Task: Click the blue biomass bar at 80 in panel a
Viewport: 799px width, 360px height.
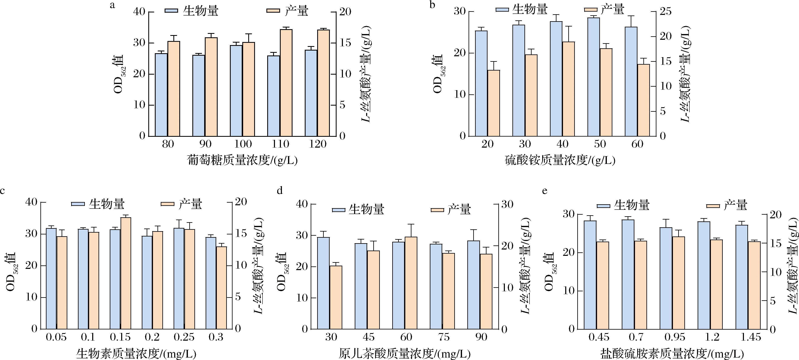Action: [161, 95]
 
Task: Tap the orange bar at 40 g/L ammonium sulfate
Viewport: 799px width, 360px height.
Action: [568, 89]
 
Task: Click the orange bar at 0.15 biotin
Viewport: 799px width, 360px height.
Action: [126, 273]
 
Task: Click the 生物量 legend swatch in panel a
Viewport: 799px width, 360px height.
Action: [171, 11]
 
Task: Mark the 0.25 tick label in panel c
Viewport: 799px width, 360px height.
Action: [184, 337]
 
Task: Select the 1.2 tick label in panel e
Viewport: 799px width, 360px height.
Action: [713, 337]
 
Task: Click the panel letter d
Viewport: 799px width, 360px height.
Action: [280, 191]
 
